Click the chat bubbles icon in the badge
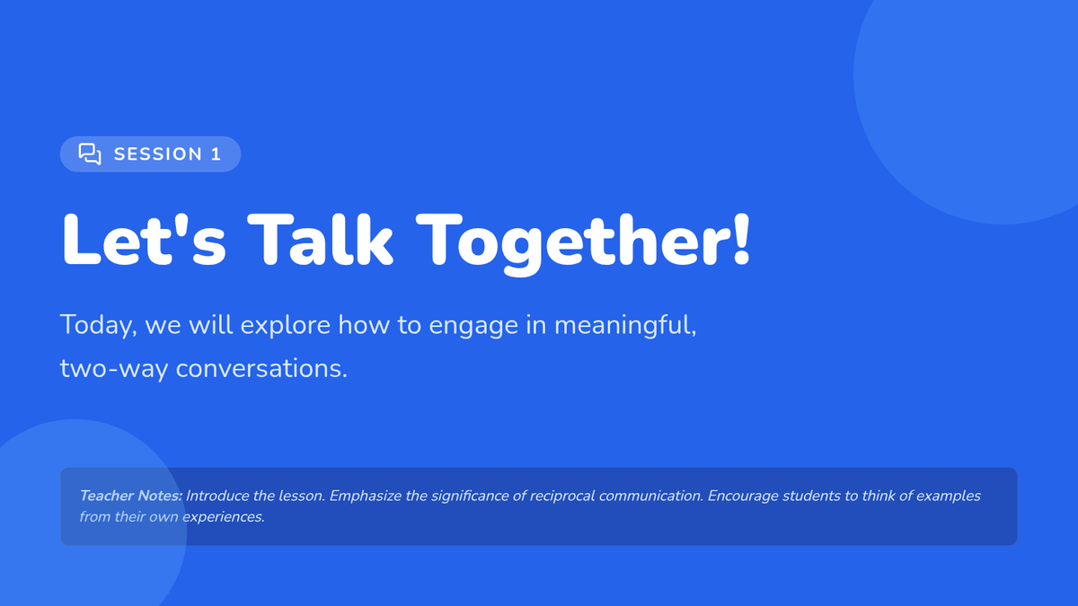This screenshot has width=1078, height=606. tap(90, 154)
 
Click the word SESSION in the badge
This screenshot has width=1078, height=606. tap(158, 154)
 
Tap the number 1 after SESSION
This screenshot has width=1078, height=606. tap(216, 154)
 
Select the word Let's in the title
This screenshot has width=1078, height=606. tap(144, 240)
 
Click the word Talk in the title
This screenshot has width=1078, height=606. tap(320, 240)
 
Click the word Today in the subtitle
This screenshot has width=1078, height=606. tap(96, 326)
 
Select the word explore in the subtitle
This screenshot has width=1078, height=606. tap(286, 326)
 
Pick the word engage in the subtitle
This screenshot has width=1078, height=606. tap(473, 327)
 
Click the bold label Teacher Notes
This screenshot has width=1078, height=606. tap(131, 496)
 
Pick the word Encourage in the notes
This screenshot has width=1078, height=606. tap(743, 496)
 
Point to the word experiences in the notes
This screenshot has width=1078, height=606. tap(224, 517)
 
